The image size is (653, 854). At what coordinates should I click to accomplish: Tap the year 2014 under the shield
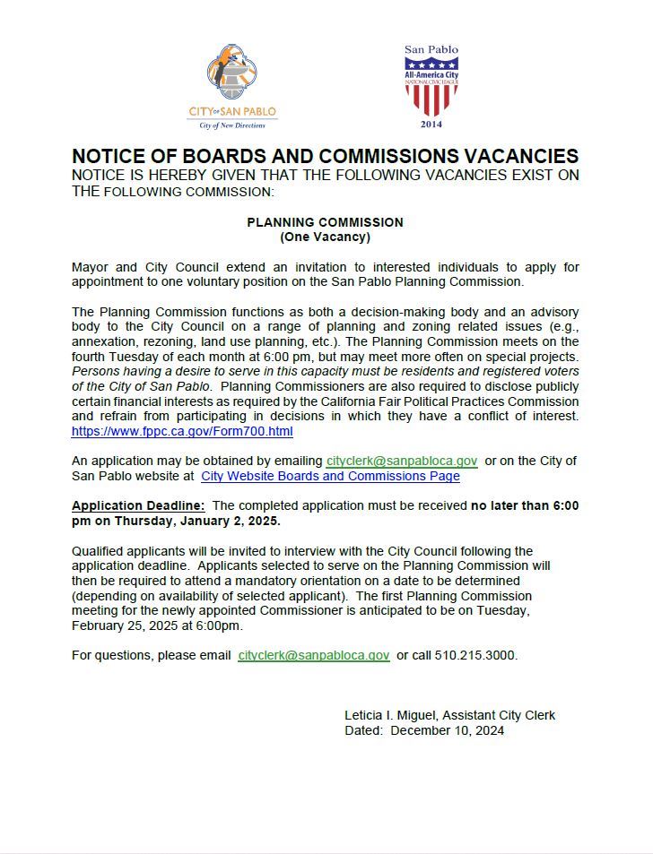[431, 124]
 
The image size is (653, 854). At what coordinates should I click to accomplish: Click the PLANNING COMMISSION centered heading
[325, 222]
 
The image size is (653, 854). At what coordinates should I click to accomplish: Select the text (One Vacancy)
[325, 237]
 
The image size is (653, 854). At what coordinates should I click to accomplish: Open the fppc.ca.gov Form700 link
[182, 431]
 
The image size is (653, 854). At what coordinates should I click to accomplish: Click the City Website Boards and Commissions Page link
[330, 476]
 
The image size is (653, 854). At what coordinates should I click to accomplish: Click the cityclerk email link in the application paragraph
[402, 461]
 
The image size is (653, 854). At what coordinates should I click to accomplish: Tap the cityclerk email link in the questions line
[314, 655]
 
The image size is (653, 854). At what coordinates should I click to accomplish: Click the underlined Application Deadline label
[138, 505]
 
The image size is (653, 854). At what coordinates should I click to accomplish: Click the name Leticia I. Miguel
[388, 715]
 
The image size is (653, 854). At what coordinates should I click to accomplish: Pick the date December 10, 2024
[448, 730]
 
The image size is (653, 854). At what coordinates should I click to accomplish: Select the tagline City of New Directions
[232, 126]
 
